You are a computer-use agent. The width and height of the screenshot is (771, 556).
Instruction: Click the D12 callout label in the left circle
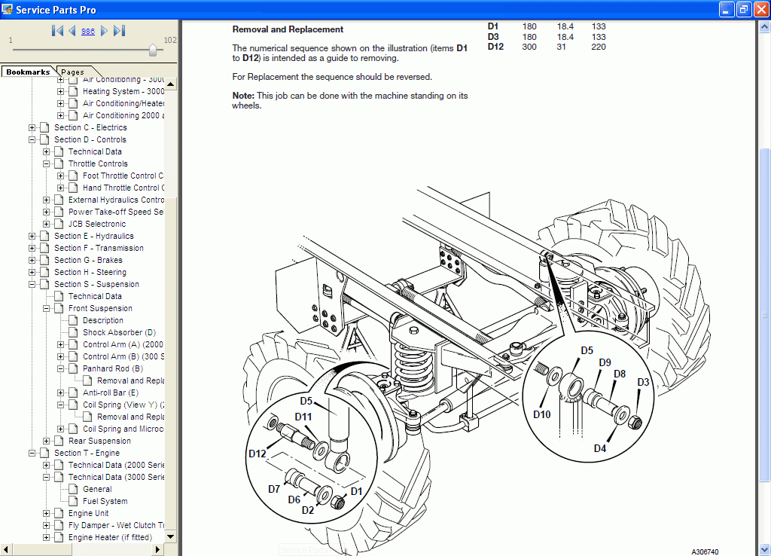(258, 453)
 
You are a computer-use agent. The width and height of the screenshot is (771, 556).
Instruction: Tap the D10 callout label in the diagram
(542, 414)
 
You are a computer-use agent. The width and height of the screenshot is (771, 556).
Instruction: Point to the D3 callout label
(643, 383)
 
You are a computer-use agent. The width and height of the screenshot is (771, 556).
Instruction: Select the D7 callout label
(274, 489)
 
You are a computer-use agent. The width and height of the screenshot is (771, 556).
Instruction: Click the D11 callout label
(303, 417)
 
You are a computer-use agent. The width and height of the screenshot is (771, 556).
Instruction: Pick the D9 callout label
(605, 362)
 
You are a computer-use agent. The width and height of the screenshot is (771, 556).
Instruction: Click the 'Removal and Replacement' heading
(288, 29)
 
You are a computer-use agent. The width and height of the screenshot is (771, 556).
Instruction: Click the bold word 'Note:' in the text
(244, 96)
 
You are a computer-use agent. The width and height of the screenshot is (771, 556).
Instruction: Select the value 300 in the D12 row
(529, 47)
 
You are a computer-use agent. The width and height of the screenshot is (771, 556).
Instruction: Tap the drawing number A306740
(705, 551)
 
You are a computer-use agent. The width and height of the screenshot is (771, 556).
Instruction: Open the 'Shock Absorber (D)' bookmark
(119, 332)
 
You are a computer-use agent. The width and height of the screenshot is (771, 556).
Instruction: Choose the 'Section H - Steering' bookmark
(90, 272)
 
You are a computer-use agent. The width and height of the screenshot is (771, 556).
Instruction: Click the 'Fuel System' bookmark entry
(105, 501)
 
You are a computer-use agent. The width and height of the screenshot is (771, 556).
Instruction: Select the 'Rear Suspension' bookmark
(99, 441)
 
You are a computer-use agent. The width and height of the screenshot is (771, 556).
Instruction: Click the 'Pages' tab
(73, 72)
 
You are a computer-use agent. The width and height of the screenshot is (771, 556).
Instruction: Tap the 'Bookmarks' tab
(28, 72)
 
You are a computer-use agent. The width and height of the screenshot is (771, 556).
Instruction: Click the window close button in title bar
(760, 10)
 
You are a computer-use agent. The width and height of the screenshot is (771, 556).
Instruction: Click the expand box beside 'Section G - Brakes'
(32, 260)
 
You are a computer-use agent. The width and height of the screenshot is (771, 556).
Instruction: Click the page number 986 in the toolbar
(87, 31)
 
